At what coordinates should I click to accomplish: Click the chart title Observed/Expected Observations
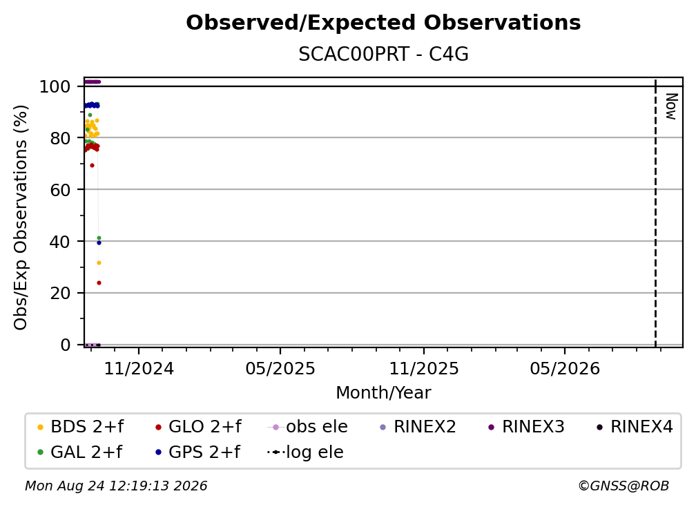click(x=383, y=23)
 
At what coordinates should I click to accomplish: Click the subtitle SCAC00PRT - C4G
click(x=383, y=54)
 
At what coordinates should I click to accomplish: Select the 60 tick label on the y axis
click(x=60, y=190)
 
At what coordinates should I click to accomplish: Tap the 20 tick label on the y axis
click(x=60, y=294)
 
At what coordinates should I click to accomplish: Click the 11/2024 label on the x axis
click(x=139, y=368)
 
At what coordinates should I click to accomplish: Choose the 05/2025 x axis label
click(x=280, y=368)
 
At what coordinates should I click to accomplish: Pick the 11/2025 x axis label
click(x=424, y=368)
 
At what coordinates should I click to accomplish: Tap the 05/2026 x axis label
click(x=565, y=368)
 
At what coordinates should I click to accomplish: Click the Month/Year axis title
click(x=383, y=393)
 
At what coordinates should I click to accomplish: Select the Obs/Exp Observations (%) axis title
click(x=21, y=218)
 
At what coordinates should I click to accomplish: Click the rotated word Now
click(x=671, y=106)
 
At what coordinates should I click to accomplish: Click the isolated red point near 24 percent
click(x=99, y=283)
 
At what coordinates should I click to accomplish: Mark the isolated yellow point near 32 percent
click(x=99, y=262)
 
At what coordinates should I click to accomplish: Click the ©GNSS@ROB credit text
click(x=623, y=486)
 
